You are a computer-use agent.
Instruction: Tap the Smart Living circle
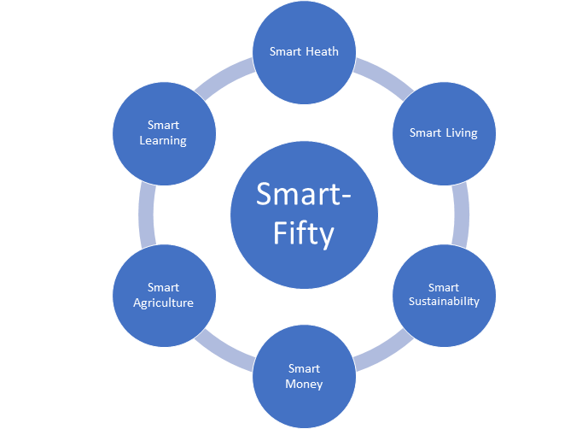pos(444,132)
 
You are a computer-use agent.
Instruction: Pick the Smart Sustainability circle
pos(444,295)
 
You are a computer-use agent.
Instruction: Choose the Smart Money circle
pos(304,376)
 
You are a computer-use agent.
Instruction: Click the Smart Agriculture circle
pos(163,295)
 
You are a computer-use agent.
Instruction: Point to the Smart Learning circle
pos(163,132)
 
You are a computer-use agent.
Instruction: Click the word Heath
pos(322,51)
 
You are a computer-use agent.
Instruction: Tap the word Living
pos(462,132)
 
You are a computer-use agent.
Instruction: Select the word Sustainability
pos(444,302)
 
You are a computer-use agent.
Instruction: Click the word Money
pos(305,384)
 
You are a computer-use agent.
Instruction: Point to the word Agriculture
pos(163,303)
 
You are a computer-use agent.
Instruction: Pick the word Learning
pos(163,140)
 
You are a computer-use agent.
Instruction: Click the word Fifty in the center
pos(304,232)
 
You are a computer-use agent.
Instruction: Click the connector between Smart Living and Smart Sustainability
pos(462,214)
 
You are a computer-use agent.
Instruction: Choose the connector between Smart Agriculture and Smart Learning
pos(146,214)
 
